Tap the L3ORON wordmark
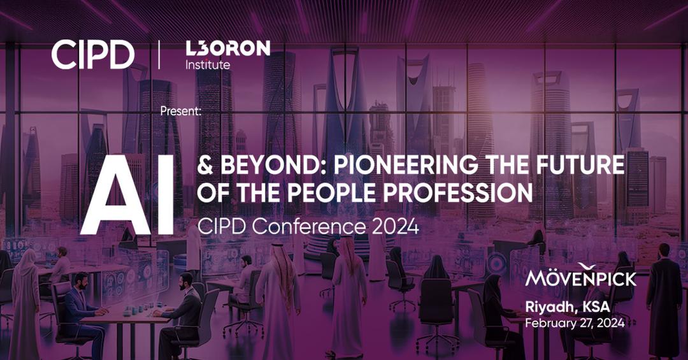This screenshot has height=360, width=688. [x=227, y=48]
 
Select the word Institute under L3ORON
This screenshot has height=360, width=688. [x=208, y=65]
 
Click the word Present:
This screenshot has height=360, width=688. [x=181, y=111]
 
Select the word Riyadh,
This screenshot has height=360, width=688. [x=550, y=307]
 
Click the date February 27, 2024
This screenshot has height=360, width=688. [x=575, y=323]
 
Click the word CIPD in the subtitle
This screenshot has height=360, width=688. [x=220, y=226]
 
